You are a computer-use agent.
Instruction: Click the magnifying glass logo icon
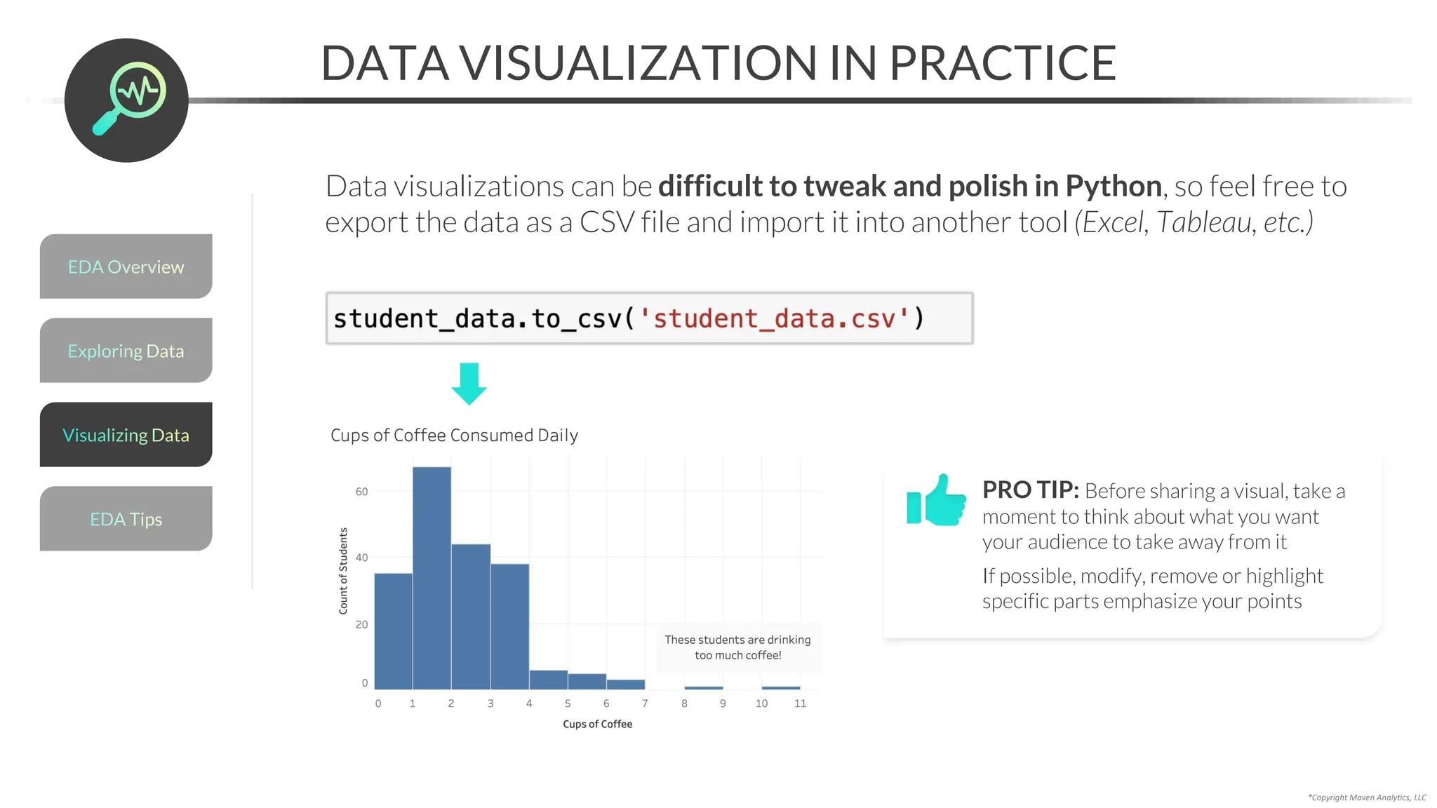[127, 100]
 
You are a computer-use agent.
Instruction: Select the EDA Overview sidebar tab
[126, 267]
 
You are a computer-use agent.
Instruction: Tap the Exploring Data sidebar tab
[126, 351]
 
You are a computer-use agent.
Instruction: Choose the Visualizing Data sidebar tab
[126, 435]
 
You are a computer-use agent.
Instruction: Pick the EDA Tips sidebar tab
[126, 519]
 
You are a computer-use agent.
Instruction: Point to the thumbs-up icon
[936, 501]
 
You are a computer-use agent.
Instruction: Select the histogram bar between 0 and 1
[393, 631]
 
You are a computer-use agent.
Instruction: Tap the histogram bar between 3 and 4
[510, 626]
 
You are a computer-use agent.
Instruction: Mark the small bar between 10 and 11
[781, 687]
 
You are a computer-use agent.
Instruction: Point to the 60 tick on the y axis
[361, 492]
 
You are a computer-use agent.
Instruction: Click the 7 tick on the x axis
[645, 703]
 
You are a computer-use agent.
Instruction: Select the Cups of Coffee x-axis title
[597, 724]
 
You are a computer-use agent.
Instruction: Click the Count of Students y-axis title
[343, 571]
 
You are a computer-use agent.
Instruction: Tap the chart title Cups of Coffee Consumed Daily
[454, 436]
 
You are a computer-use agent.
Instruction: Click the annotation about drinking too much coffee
[737, 647]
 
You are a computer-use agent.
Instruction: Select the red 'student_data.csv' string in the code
[774, 319]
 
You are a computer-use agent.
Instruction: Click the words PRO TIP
[1030, 490]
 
